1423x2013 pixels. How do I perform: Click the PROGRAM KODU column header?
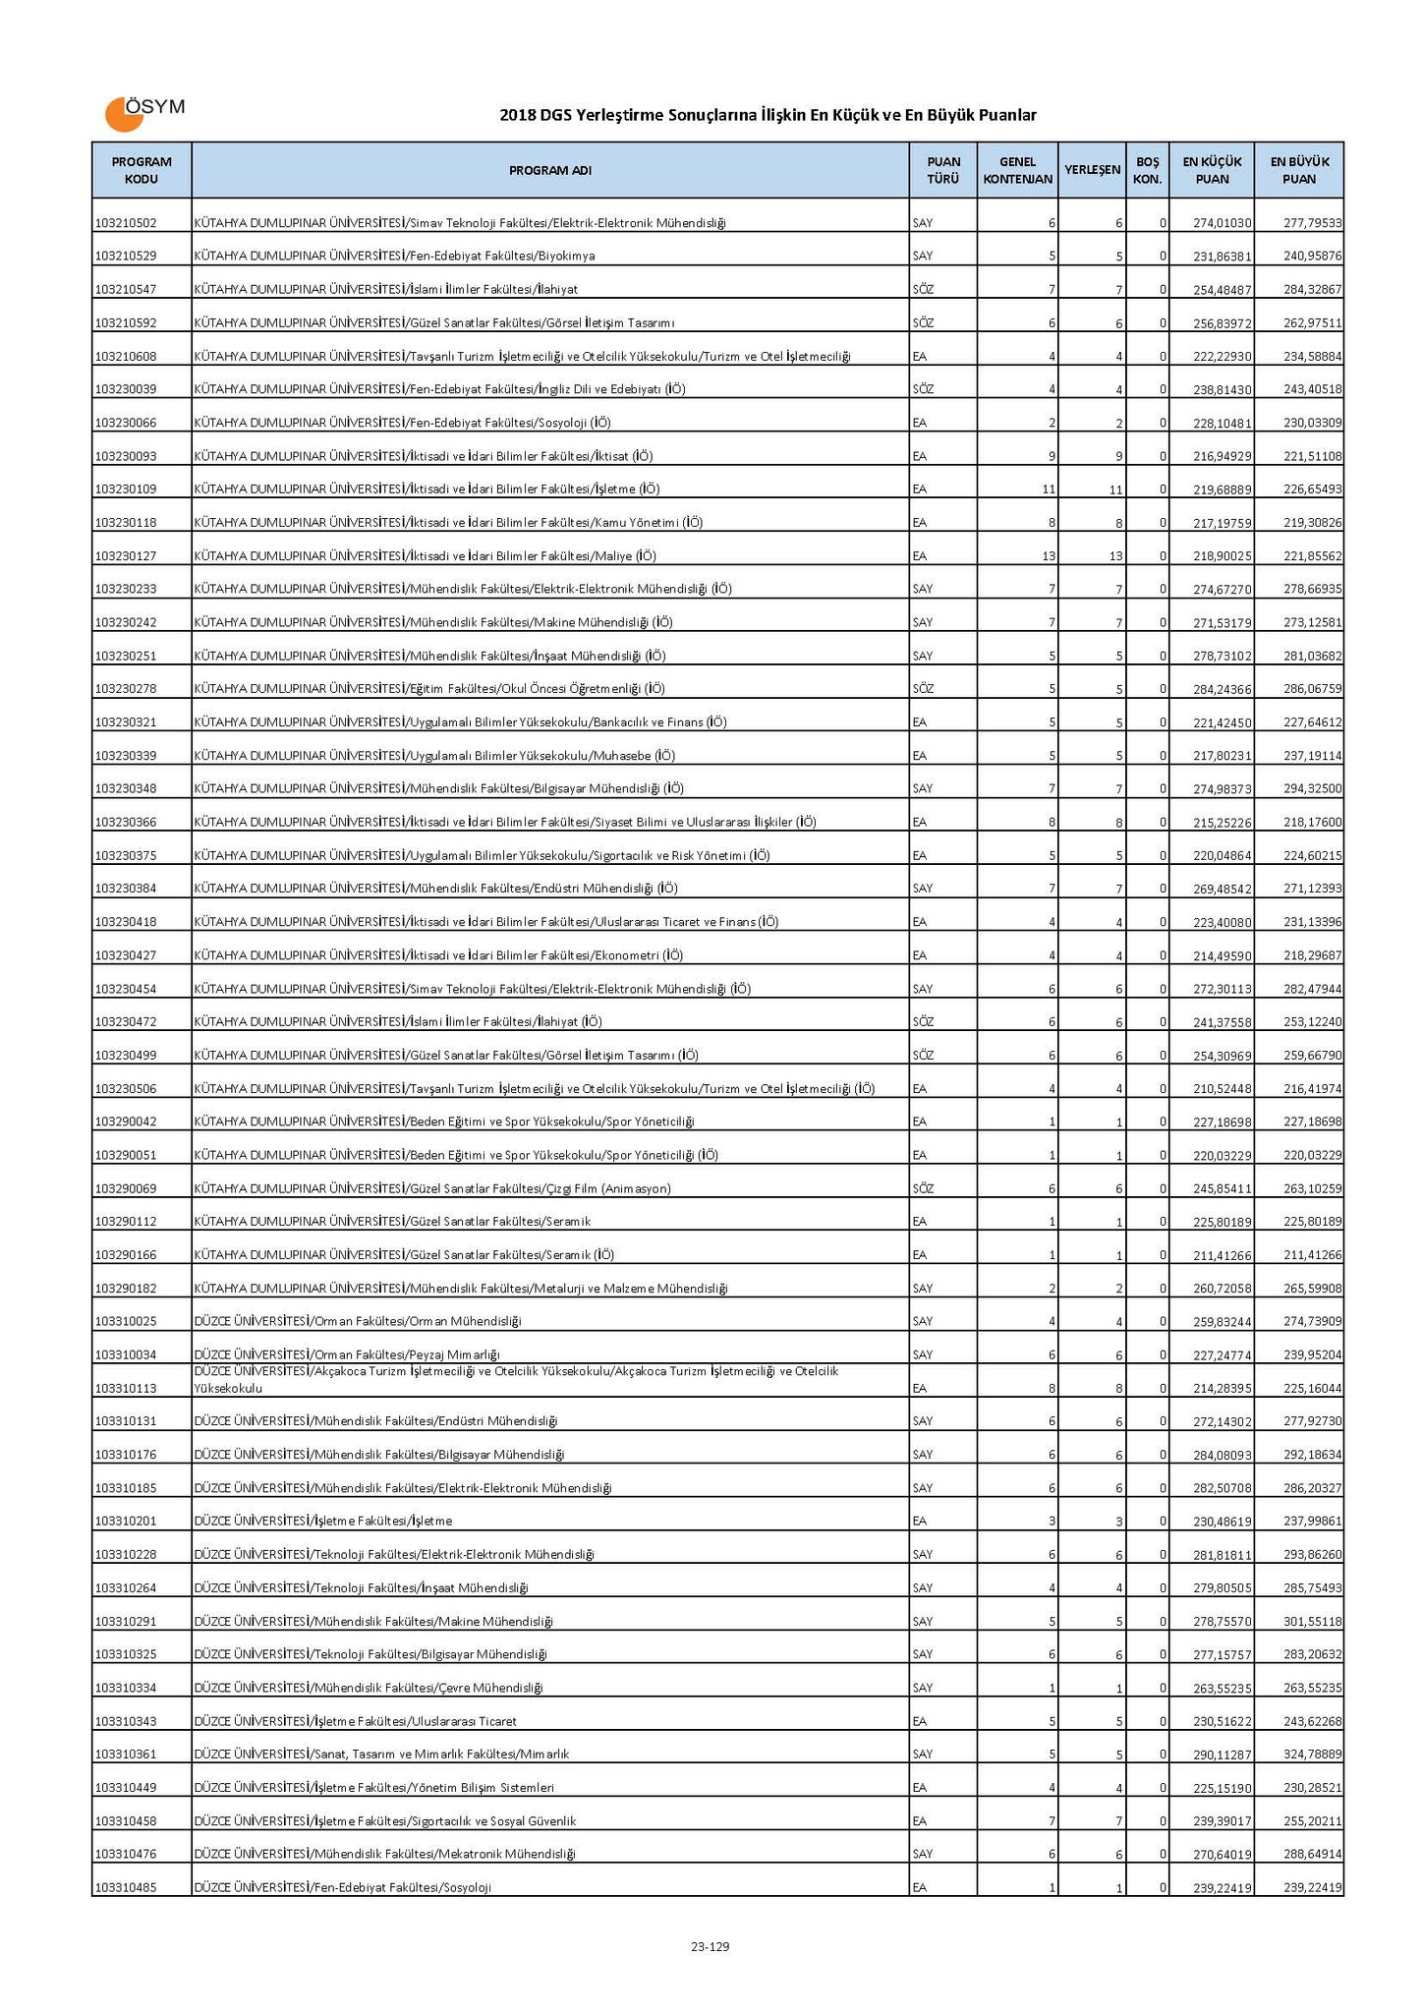pos(142,170)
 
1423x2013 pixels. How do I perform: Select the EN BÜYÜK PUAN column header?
pos(1299,170)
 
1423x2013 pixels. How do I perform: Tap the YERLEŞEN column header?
pos(1093,170)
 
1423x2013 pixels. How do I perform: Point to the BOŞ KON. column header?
pos(1148,170)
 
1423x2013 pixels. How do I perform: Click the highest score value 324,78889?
pos(1313,1754)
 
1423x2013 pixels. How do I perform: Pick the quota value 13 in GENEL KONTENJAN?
pos(1049,556)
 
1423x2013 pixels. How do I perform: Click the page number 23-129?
pos(710,1946)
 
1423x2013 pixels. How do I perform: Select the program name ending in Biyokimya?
pos(394,257)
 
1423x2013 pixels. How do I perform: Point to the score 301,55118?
pos(1313,1621)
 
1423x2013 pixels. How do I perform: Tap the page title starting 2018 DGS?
pos(768,116)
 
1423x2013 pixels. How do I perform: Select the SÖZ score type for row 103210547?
pos(923,290)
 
